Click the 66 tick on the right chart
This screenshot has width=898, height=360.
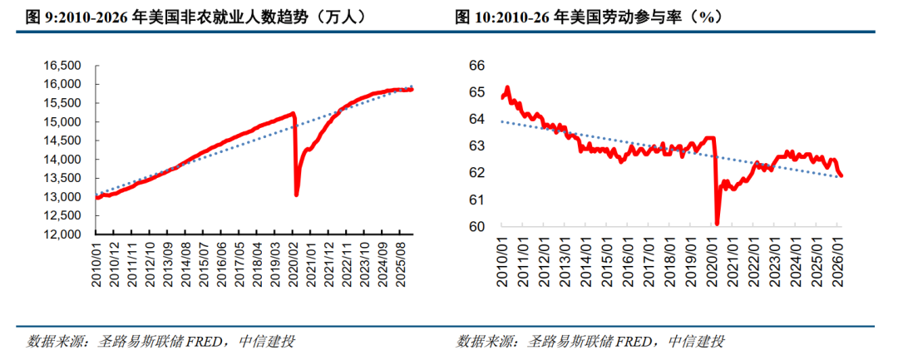coord(477,66)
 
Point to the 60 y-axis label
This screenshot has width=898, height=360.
coord(477,227)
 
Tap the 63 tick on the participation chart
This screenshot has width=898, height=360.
coord(477,146)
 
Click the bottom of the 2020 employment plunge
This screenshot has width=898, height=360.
coord(296,195)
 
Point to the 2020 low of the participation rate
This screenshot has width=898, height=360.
coord(717,223)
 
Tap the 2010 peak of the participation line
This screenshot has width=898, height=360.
coord(507,87)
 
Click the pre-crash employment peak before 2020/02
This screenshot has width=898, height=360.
coord(294,113)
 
